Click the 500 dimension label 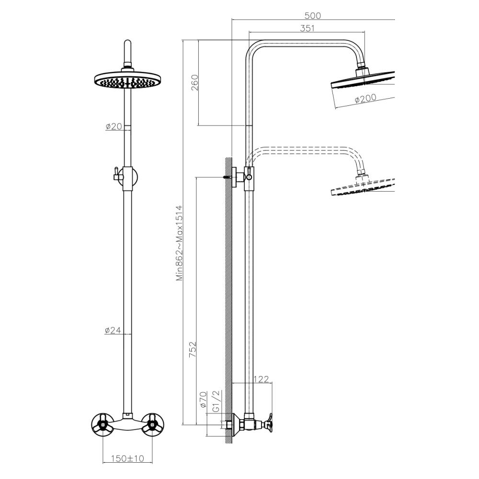pyautogui.click(x=312, y=15)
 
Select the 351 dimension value pyautogui.click(x=307, y=28)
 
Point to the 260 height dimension pyautogui.click(x=194, y=82)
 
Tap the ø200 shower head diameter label pyautogui.click(x=365, y=99)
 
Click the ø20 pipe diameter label pyautogui.click(x=114, y=126)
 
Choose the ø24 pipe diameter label pyautogui.click(x=113, y=330)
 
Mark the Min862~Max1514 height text pyautogui.click(x=179, y=243)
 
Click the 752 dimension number pyautogui.click(x=193, y=350)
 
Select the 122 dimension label pyautogui.click(x=261, y=379)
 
